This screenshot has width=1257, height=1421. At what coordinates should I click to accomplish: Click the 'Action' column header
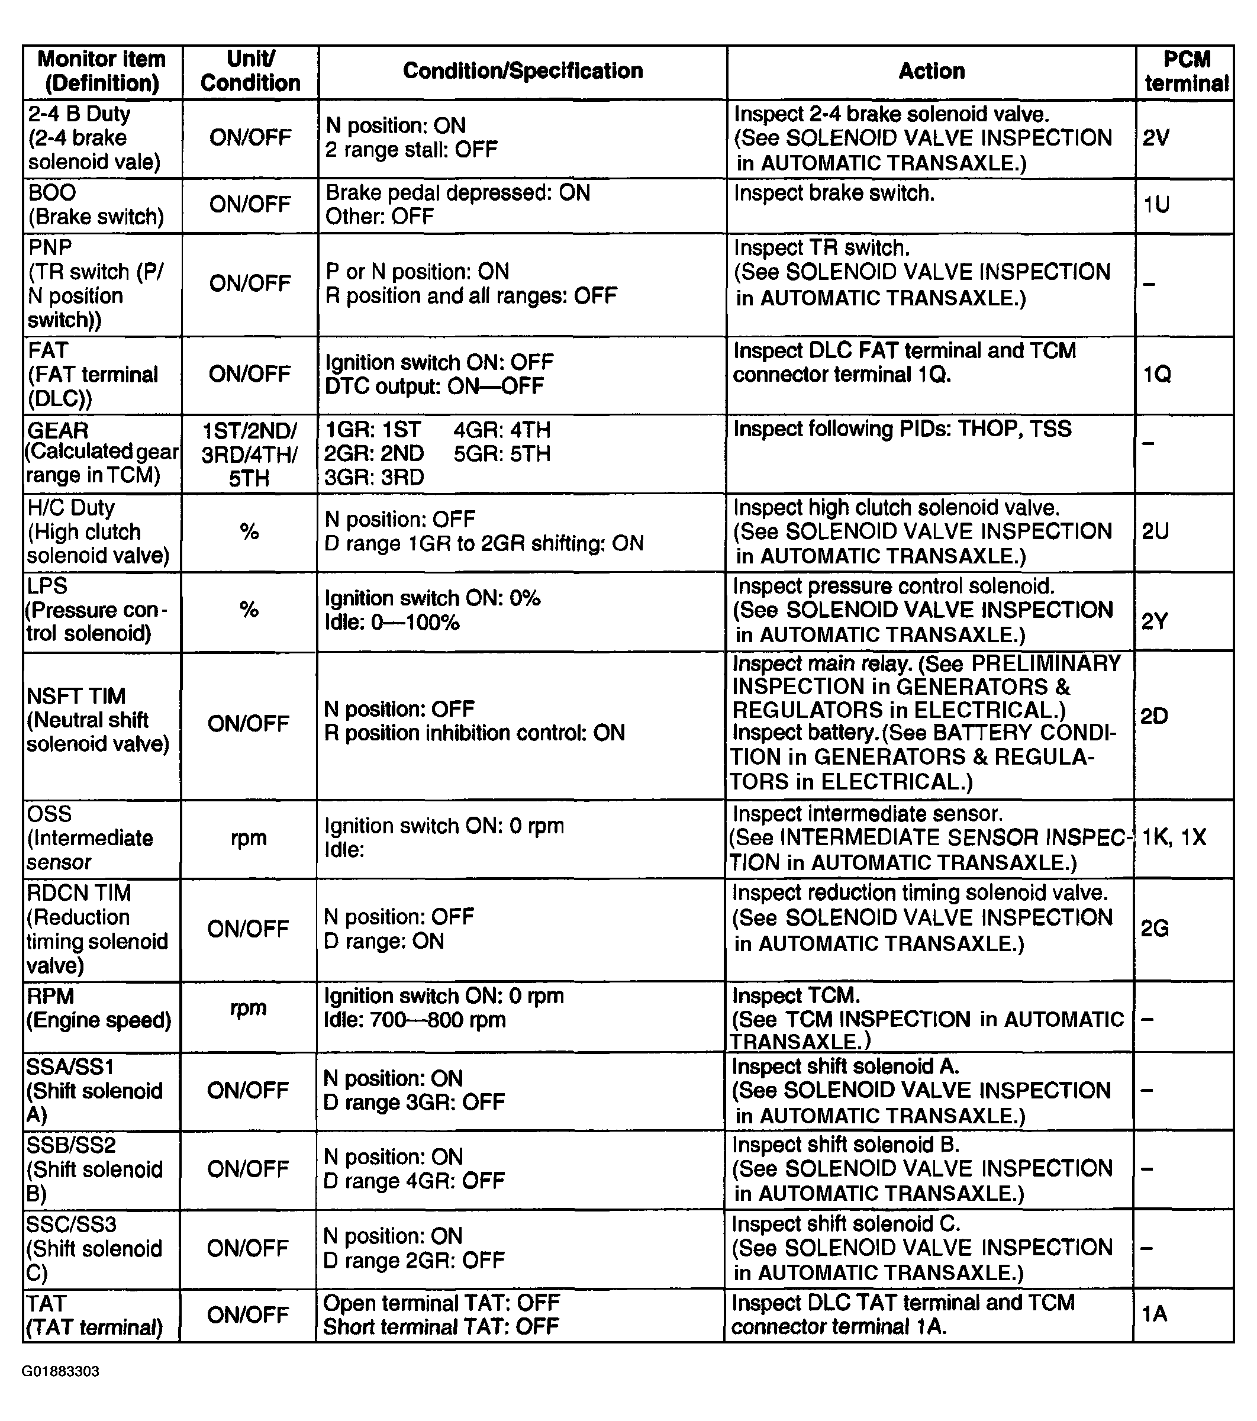(931, 71)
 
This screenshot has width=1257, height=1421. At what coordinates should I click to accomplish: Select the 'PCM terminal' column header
(1186, 71)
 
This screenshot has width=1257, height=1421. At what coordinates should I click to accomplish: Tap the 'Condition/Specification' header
(523, 71)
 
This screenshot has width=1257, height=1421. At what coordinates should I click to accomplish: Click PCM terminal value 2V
(1155, 138)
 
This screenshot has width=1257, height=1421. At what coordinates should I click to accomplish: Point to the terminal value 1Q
(1157, 375)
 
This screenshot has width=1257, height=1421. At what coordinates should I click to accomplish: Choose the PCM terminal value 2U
(1155, 531)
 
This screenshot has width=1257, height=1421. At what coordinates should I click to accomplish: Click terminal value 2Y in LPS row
(1154, 621)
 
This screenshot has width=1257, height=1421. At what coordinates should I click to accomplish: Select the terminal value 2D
(1154, 716)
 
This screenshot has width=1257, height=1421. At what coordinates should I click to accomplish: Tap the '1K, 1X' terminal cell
(1174, 836)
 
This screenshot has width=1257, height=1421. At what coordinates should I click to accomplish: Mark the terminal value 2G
(1154, 928)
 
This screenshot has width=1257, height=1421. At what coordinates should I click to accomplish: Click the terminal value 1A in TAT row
(1154, 1313)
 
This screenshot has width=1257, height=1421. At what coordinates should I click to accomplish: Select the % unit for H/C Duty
(249, 532)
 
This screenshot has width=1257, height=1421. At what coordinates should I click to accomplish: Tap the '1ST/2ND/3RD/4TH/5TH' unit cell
(249, 454)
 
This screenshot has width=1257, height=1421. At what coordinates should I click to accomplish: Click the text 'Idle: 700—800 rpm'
(415, 1020)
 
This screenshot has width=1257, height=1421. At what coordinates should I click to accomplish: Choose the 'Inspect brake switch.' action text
(834, 194)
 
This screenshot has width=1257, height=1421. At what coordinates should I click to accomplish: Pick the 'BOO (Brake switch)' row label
(96, 204)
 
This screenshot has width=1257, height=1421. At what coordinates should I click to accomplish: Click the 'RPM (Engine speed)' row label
(99, 1008)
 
